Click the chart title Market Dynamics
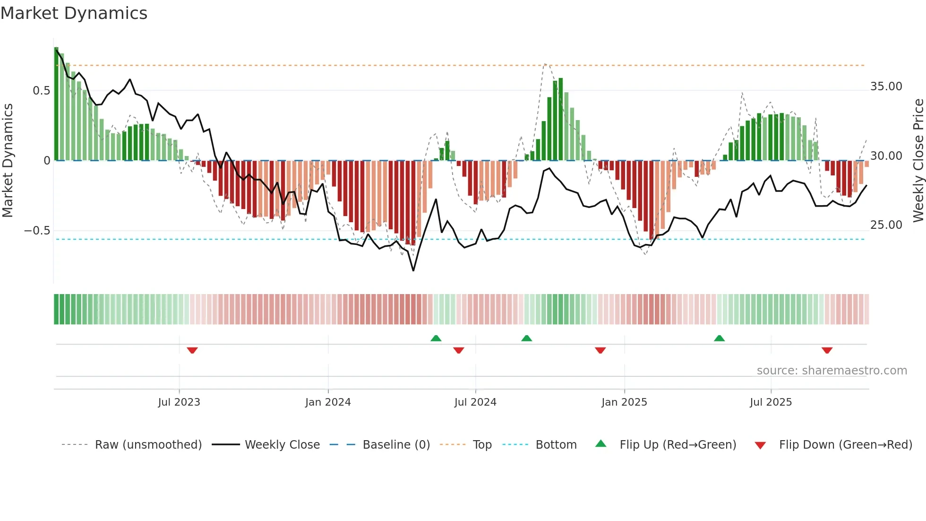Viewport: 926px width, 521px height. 74,13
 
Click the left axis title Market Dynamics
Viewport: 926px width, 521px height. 8,160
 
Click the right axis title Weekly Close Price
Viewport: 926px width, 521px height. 918,160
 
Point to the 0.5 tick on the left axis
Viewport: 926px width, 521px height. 41,91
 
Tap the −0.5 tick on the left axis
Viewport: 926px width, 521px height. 37,231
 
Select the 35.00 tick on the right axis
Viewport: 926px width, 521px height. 886,87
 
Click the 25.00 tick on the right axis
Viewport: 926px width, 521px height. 886,225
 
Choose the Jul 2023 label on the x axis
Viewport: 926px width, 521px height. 179,402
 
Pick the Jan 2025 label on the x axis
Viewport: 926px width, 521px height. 624,402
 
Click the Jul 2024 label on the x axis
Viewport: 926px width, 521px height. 475,402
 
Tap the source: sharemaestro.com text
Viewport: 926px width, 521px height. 832,371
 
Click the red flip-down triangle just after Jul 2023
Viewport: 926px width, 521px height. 192,350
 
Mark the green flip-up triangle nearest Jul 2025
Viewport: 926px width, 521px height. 719,339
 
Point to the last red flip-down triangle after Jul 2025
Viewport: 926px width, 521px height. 827,350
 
